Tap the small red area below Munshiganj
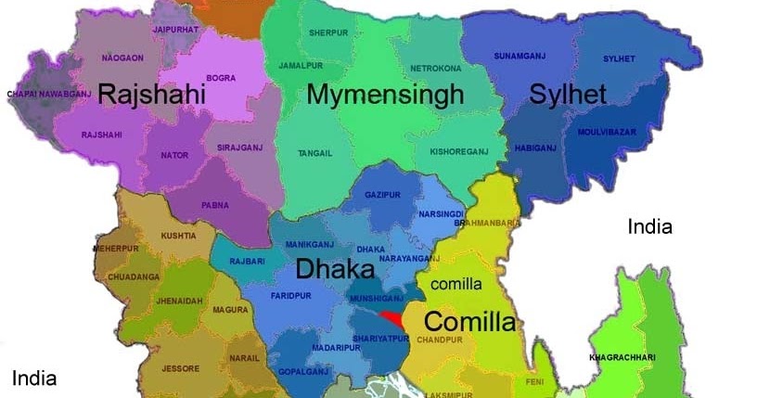[x=391, y=317]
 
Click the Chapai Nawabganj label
[x=43, y=94]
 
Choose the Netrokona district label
[x=435, y=69]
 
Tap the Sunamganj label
[x=520, y=56]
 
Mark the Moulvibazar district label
[x=607, y=132]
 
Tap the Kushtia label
[x=178, y=237]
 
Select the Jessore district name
[x=181, y=368]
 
